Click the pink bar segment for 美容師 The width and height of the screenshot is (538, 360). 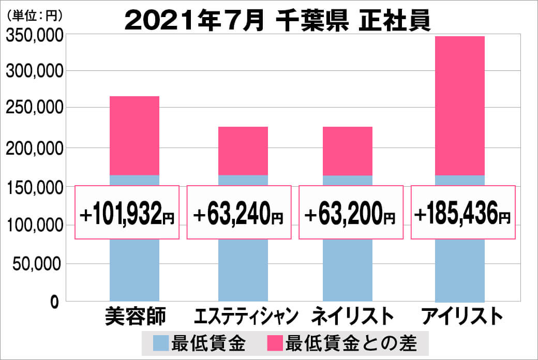[134, 136]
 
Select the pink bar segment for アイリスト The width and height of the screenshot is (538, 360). [460, 106]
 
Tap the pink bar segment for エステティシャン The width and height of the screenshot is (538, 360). [243, 151]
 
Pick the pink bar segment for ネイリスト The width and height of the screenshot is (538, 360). [348, 151]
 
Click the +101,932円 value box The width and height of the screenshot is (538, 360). [127, 213]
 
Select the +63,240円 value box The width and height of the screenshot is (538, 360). [238, 213]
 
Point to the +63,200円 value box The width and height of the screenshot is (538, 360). [351, 213]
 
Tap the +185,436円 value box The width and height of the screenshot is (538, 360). [464, 213]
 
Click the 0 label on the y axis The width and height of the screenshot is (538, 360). [55, 302]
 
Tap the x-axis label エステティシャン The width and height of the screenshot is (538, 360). [246, 316]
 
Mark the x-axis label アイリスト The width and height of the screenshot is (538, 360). [461, 316]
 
